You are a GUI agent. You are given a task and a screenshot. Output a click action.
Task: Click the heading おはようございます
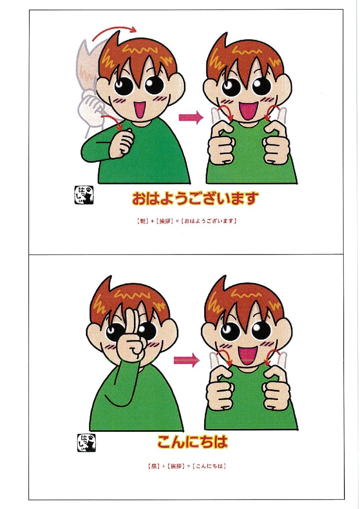(195, 198)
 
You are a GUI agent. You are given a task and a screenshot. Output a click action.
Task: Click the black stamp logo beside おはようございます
(84, 195)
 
